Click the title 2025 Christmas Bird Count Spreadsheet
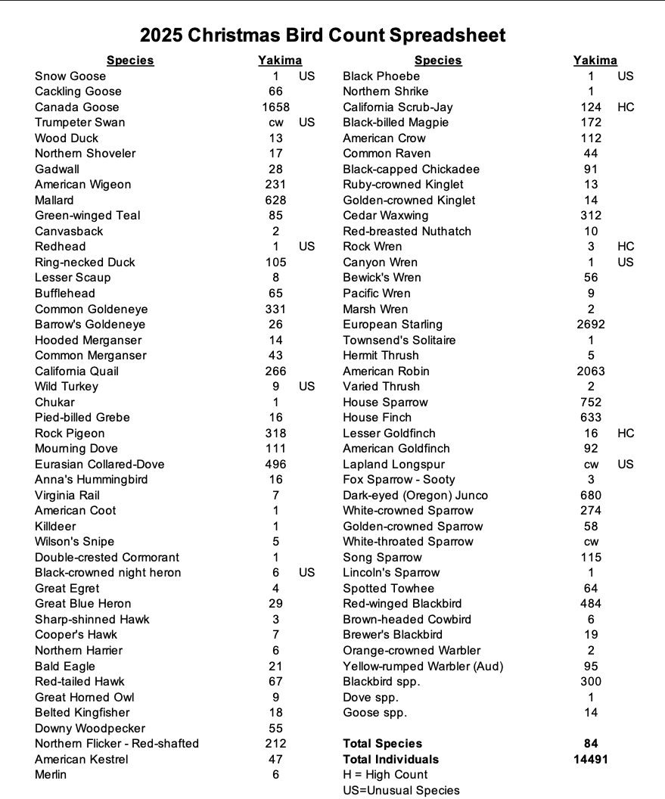point(323,36)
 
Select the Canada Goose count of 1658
point(275,107)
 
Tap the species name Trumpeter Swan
point(80,123)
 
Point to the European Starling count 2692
point(591,325)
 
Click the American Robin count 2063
point(591,372)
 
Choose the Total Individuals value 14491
point(591,760)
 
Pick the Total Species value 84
point(591,744)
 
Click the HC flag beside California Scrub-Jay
point(626,107)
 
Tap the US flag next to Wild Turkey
point(306,387)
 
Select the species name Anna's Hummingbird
point(92,480)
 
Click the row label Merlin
point(51,775)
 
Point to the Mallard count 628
point(275,201)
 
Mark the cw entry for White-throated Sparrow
point(591,542)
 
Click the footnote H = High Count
point(385,775)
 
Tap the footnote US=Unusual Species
point(401,791)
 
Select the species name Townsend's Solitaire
point(399,340)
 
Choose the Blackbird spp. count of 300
point(591,682)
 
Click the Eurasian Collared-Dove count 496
point(275,465)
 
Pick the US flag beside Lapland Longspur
point(626,465)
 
